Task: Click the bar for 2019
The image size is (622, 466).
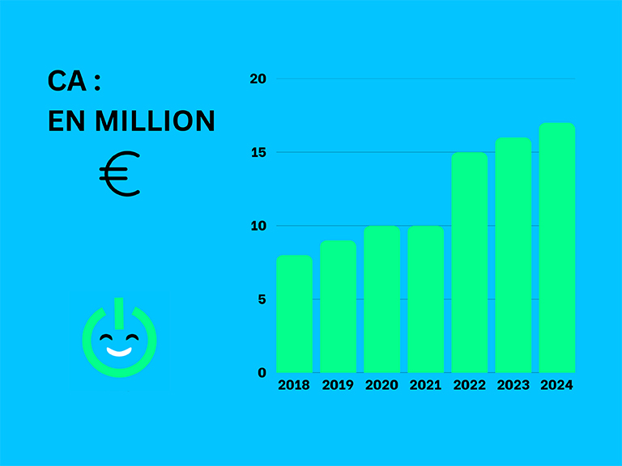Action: pyautogui.click(x=338, y=307)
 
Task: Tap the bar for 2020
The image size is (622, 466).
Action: pyautogui.click(x=381, y=299)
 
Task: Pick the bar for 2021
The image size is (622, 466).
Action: pyautogui.click(x=425, y=299)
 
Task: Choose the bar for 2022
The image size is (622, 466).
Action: pyautogui.click(x=469, y=262)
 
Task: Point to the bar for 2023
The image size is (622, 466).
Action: pyautogui.click(x=513, y=255)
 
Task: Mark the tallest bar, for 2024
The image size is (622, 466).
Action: pyautogui.click(x=556, y=248)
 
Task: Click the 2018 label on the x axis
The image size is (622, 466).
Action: pyautogui.click(x=294, y=385)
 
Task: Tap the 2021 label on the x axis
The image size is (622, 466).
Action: pyautogui.click(x=425, y=385)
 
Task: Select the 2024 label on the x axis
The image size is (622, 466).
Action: pyautogui.click(x=556, y=385)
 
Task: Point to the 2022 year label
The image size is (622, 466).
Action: pyautogui.click(x=469, y=385)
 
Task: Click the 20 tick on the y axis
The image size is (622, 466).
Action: pyautogui.click(x=258, y=78)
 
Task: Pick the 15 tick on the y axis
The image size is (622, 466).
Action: pyautogui.click(x=258, y=152)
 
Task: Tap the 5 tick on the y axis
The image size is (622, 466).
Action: pyautogui.click(x=262, y=299)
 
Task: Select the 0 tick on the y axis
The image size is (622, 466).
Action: pyautogui.click(x=262, y=373)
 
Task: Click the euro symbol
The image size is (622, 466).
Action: pyautogui.click(x=120, y=174)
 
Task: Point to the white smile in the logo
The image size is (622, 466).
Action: pyautogui.click(x=119, y=352)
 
